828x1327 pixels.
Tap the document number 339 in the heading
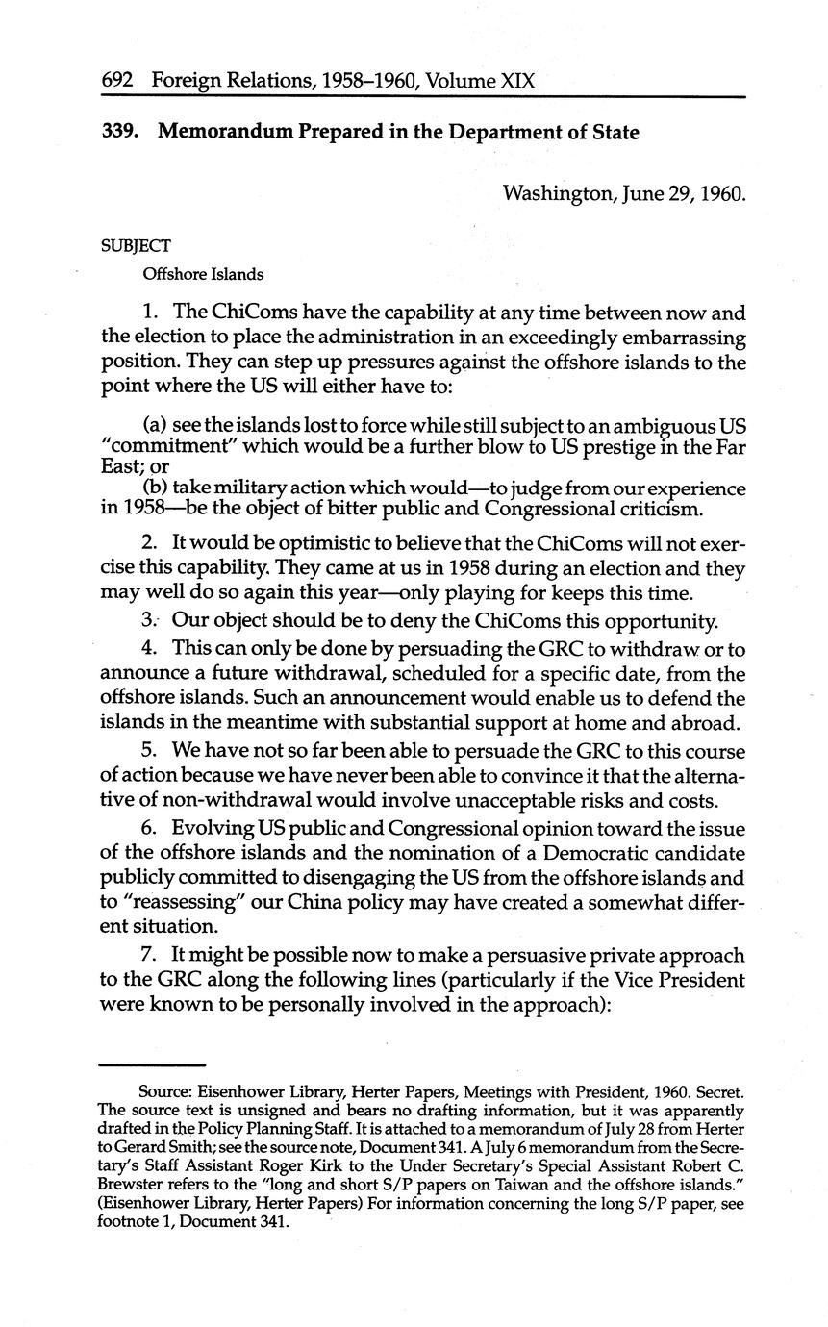(x=119, y=133)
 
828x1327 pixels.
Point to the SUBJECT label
(x=136, y=246)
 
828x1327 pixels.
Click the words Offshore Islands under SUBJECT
(x=203, y=274)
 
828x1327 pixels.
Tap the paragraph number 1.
(x=148, y=313)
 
